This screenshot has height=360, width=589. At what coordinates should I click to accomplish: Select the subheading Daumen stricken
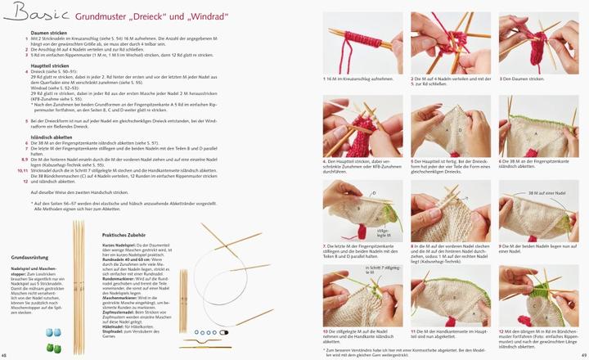pyautogui.click(x=49, y=33)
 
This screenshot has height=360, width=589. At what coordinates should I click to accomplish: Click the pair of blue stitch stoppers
pyautogui.click(x=52, y=333)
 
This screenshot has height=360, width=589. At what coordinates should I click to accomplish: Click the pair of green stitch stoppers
pyautogui.click(x=53, y=346)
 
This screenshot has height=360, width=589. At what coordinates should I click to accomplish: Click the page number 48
pyautogui.click(x=5, y=355)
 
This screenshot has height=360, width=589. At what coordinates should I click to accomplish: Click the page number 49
pyautogui.click(x=582, y=355)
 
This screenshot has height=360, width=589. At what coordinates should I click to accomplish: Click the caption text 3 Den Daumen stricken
pyautogui.click(x=521, y=79)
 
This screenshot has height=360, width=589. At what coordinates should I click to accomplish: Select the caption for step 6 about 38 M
pyautogui.click(x=536, y=162)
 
